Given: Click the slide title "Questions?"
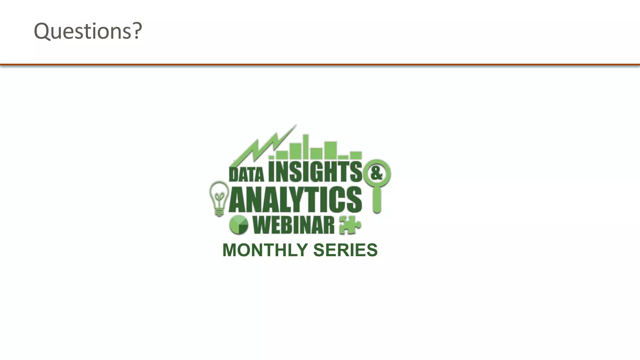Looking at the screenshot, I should [88, 31].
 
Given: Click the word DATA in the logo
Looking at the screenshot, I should [247, 174].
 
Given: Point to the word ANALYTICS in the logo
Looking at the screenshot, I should [296, 199].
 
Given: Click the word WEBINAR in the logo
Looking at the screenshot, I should [293, 225].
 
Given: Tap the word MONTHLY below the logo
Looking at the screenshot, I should [265, 250].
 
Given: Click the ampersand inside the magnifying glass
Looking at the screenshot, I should [377, 173].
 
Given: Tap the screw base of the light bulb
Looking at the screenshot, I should [219, 212].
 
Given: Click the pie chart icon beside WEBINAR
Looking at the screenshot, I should [239, 225].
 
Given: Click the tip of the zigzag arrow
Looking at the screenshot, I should [295, 126].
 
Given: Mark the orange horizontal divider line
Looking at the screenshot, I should [320, 65].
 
